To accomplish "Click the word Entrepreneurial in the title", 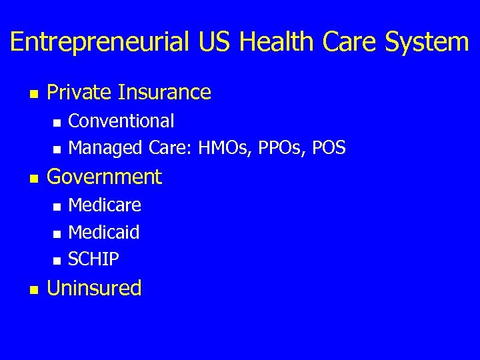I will pos(100,43).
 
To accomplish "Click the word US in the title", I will pos(215,43).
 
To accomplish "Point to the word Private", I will pos(79,92).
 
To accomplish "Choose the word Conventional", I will pos(121,121).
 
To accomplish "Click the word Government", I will pos(105,177).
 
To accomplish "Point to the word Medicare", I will pos(105,205).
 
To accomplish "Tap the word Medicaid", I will pos(104,232).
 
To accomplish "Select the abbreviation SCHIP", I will pos(94,259).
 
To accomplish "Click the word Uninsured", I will pos(95,288).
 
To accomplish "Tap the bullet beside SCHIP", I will pos(57,260).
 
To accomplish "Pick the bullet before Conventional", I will pos(57,123).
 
